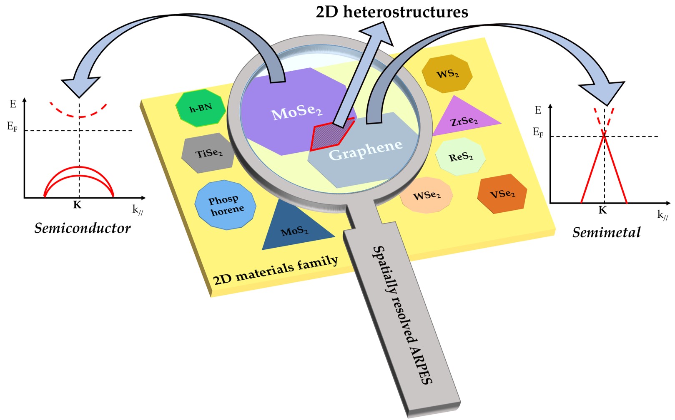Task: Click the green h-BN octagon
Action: [201, 108]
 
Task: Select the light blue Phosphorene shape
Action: [226, 205]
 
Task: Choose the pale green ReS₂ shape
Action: [460, 157]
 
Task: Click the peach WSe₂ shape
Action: [426, 195]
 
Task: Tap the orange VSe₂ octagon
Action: [502, 194]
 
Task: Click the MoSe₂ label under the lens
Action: [296, 112]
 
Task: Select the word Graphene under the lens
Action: [365, 150]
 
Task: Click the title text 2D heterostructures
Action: [391, 12]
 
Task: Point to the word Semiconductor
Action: [82, 228]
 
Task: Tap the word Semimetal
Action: [606, 232]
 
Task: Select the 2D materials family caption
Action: [276, 270]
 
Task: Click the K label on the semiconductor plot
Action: [77, 205]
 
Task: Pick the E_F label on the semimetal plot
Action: [538, 133]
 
